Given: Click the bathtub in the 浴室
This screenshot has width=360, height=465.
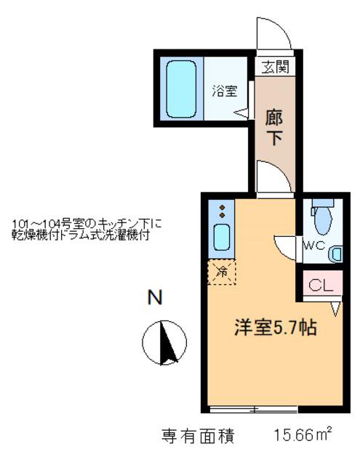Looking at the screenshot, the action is click(181, 89).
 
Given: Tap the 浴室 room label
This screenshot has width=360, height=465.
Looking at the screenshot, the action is click(225, 91).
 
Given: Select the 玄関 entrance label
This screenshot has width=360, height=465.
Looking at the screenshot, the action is click(275, 67).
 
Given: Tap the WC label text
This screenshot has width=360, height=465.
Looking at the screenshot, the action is click(313, 246).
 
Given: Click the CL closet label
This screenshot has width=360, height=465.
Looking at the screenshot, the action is click(321, 286).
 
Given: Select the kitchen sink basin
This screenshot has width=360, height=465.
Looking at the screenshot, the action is click(221, 238).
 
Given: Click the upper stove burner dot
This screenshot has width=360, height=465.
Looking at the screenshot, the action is click(222, 208).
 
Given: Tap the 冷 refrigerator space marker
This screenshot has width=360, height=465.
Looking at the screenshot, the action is click(222, 272).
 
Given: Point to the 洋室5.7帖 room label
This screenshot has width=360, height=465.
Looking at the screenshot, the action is click(276, 327).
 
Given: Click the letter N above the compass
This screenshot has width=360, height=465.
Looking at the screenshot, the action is click(155, 297).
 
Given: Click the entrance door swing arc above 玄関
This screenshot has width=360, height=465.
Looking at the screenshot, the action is click(281, 28).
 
